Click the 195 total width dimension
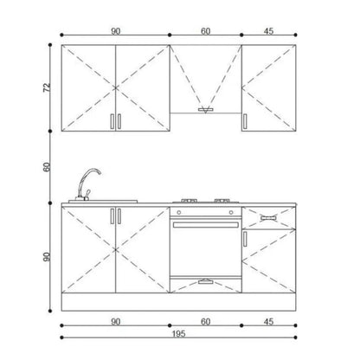pos(178,334)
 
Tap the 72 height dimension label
pos(47,87)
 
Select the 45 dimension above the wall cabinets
pos(268,31)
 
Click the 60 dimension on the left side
pos(47,167)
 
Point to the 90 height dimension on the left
pos(47,257)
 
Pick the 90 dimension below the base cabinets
pos(115,321)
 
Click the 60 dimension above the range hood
pos(205,31)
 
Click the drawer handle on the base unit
pos(268,218)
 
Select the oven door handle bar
pos(206,225)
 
